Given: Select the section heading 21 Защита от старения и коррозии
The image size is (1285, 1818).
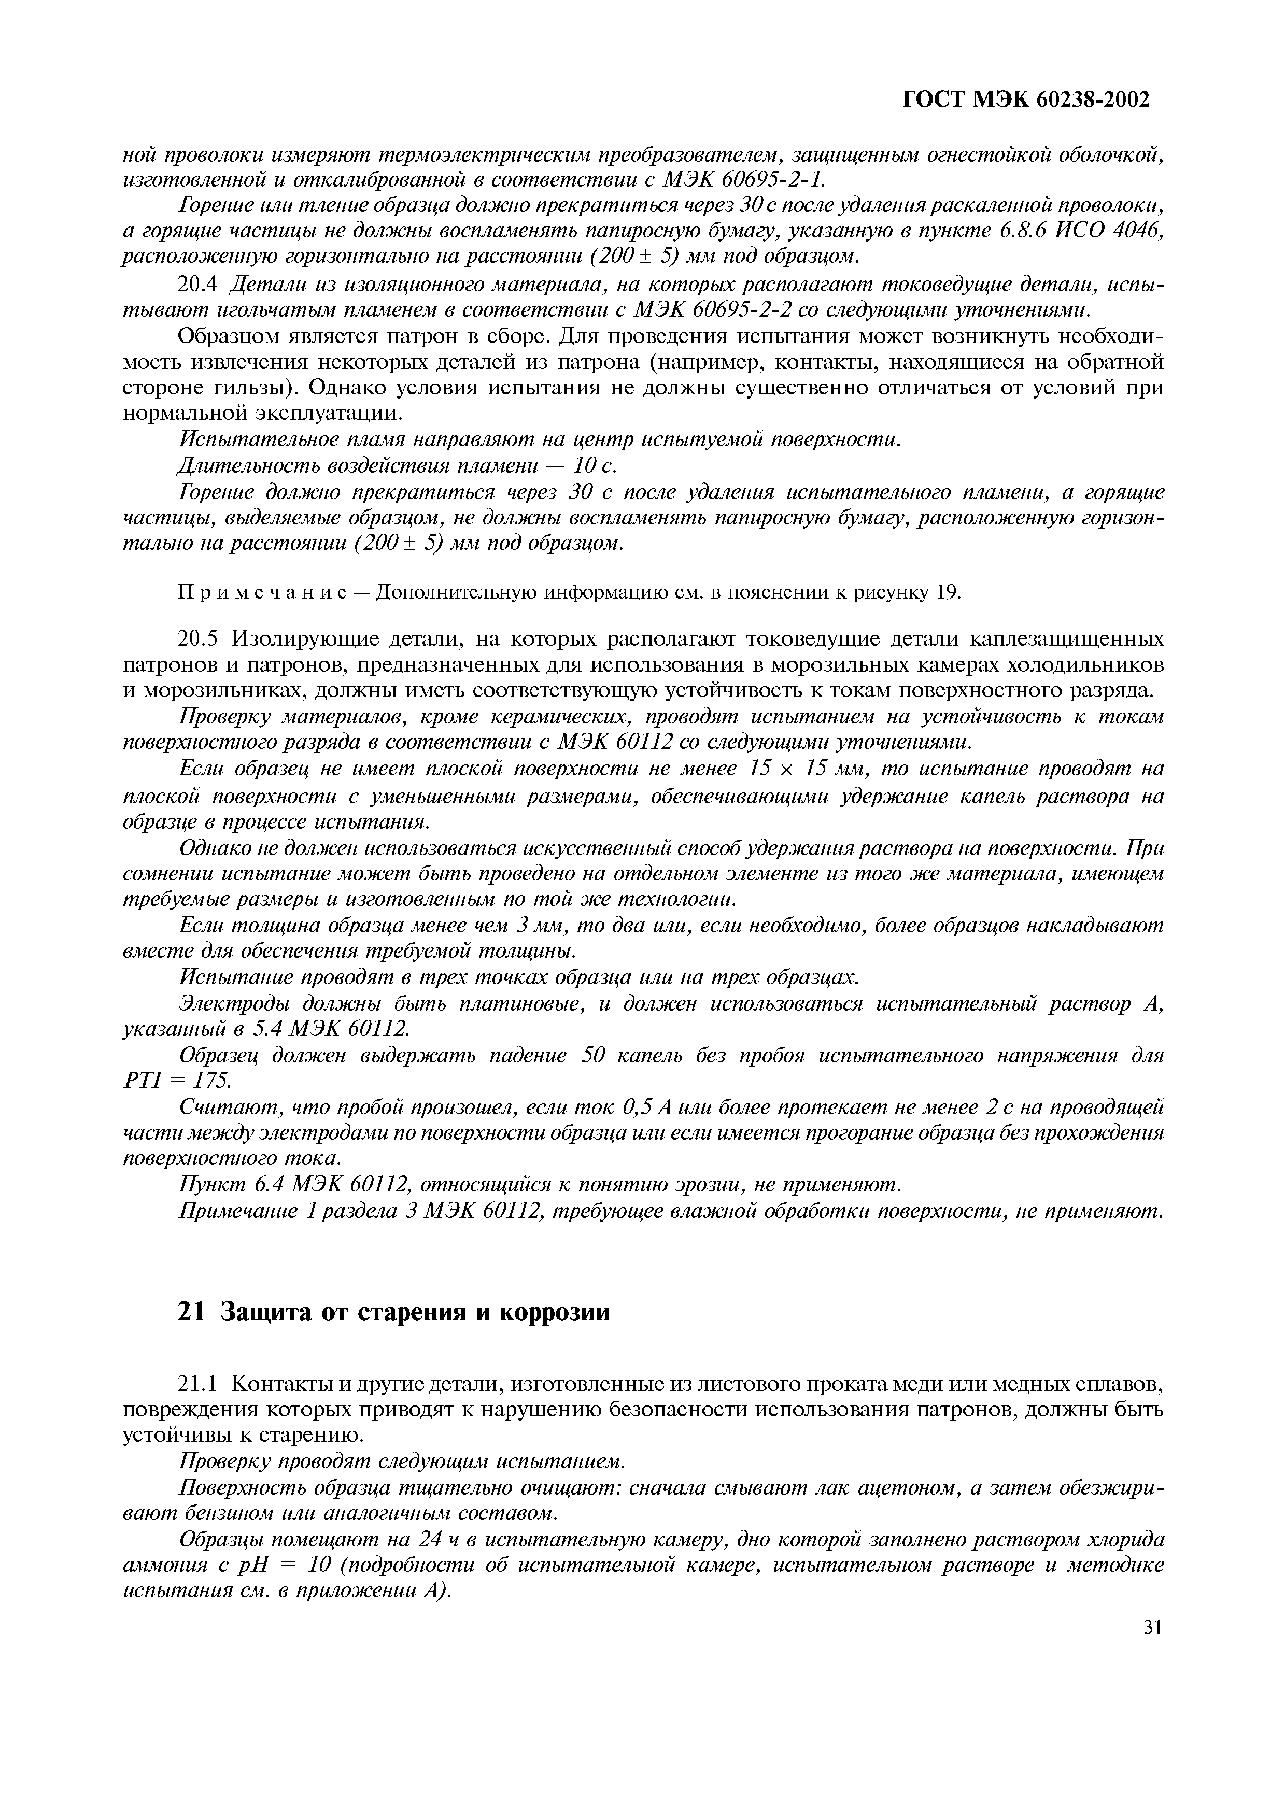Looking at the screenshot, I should pyautogui.click(x=393, y=1312).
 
